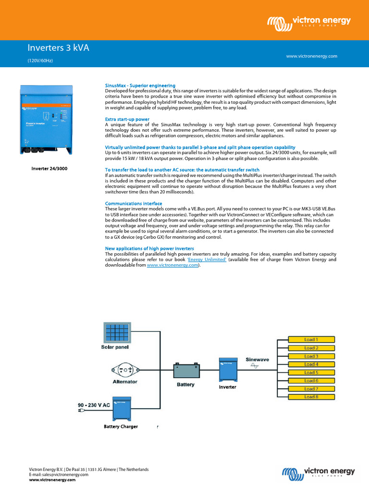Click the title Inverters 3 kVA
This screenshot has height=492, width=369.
[58, 48]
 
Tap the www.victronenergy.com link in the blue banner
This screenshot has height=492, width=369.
[311, 56]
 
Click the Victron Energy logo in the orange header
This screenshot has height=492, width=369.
[309, 22]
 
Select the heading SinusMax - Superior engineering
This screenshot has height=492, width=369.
[140, 85]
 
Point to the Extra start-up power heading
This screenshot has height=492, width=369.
[127, 119]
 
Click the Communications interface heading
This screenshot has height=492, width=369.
[133, 203]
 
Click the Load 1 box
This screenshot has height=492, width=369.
[311, 340]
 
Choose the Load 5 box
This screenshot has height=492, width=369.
[311, 372]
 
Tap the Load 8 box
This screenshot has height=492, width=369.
[311, 397]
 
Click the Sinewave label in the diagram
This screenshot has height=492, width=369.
[258, 359]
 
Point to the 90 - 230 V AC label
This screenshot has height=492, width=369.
[94, 405]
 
